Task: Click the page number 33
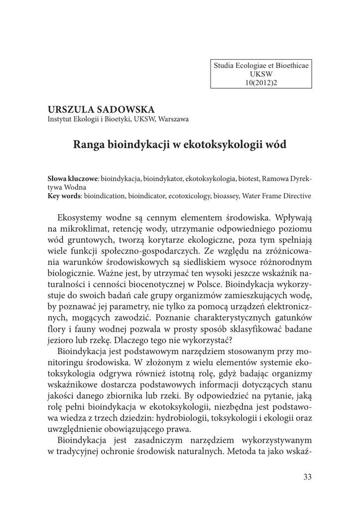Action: coord(307,477)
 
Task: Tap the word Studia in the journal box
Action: coord(225,65)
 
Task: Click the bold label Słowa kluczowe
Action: coord(73,178)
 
